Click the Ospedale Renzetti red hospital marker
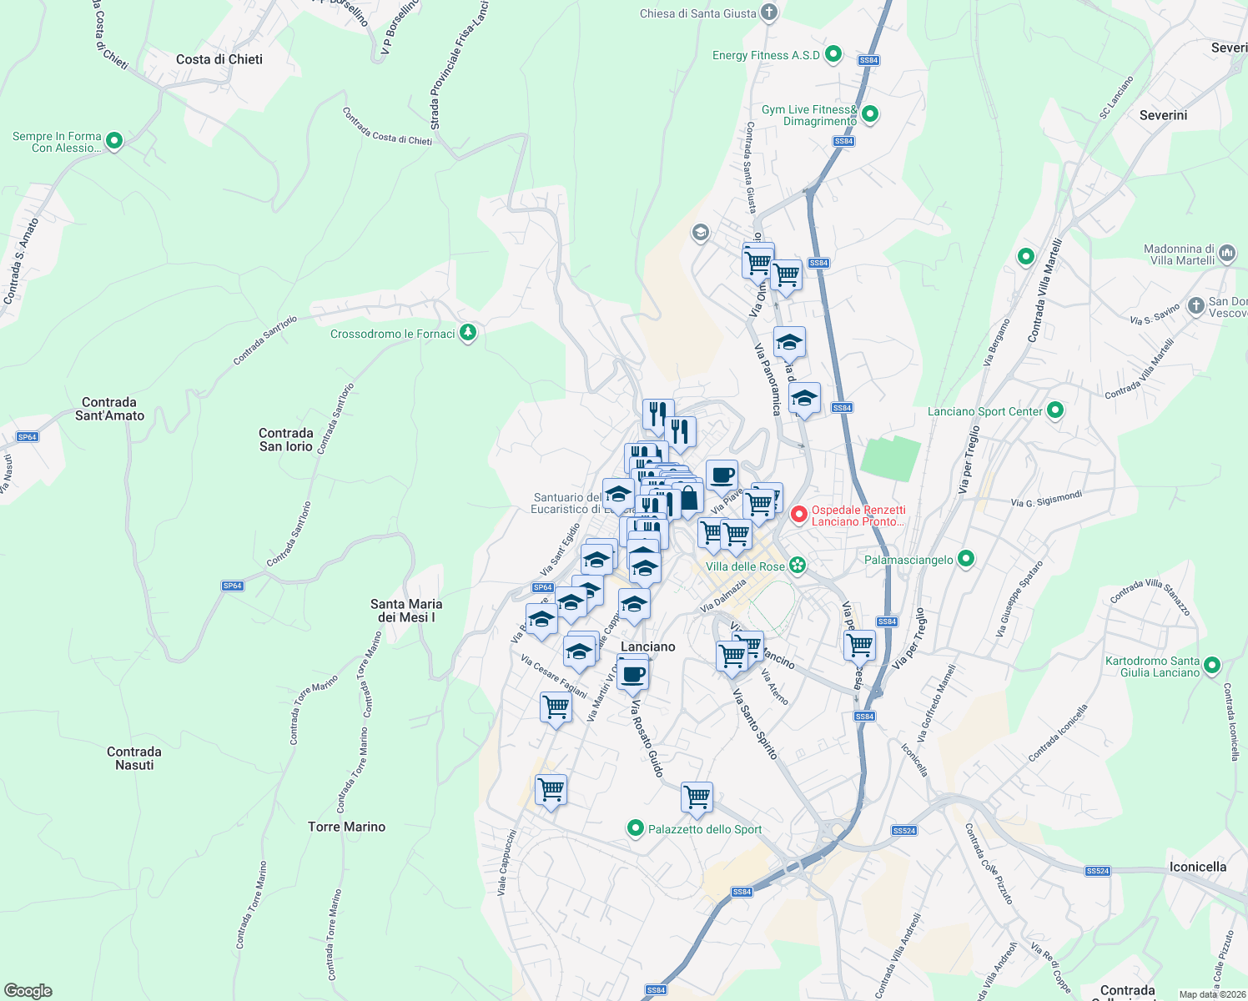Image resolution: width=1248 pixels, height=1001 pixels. tap(799, 516)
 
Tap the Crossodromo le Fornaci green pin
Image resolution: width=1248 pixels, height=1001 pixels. tap(468, 334)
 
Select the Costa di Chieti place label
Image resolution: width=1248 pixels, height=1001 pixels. tap(219, 59)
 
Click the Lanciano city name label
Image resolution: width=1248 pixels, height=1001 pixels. tap(648, 646)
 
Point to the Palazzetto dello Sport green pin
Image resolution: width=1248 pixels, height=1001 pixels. tap(636, 828)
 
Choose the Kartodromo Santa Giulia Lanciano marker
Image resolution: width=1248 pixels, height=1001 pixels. tap(1212, 666)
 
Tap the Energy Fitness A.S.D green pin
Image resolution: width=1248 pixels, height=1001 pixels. tap(833, 55)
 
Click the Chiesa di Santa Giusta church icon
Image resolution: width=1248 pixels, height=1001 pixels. tap(769, 13)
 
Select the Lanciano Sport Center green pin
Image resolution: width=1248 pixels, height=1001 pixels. tap(1055, 410)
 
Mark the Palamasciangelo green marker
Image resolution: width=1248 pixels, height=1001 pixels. tap(966, 559)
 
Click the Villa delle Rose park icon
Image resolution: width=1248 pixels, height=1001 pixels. tap(798, 566)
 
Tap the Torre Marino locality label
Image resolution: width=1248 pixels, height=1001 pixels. tap(347, 827)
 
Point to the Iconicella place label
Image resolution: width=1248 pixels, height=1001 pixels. tap(1198, 867)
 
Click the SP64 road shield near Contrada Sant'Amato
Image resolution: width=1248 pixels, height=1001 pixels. tap(28, 437)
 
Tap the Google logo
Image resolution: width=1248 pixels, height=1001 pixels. tap(28, 991)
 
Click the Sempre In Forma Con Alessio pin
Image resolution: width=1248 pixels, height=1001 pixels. tap(114, 141)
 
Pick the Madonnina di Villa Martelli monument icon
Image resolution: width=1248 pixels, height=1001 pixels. tap(1226, 253)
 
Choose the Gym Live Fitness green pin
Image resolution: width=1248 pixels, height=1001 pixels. tap(870, 114)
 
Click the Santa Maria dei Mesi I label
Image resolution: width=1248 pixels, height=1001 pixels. tap(406, 611)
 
